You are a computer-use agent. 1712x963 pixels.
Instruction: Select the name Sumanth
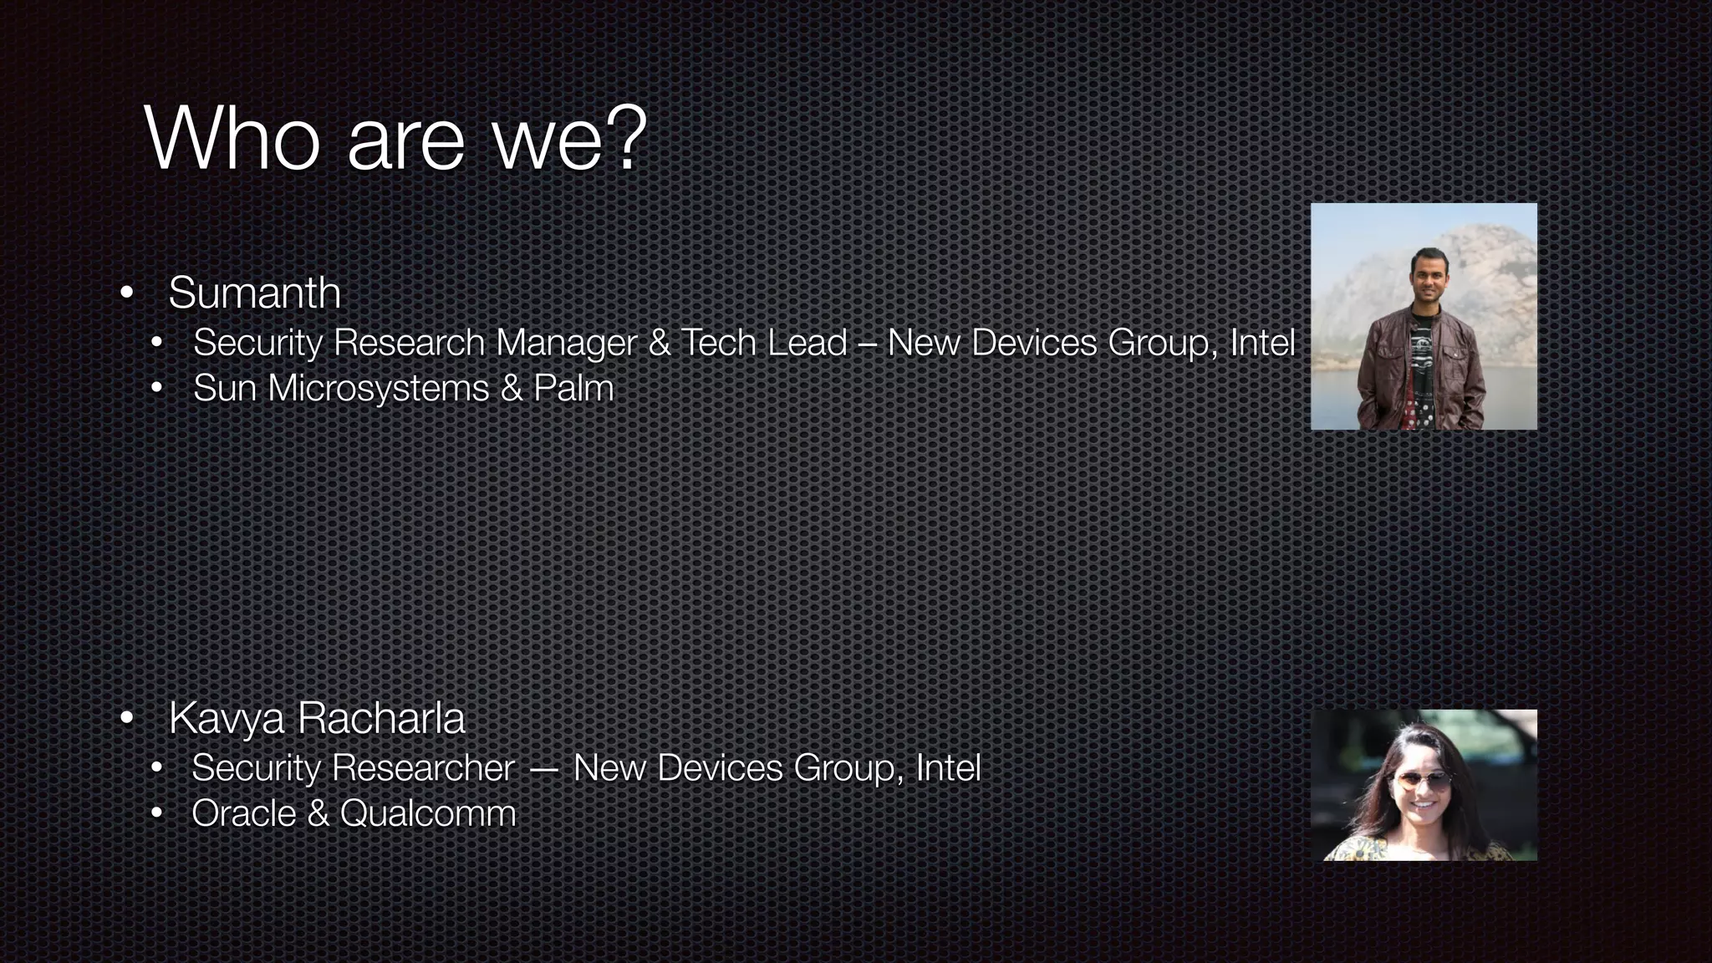pyautogui.click(x=254, y=293)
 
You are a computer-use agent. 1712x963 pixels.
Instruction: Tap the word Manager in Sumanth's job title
pyautogui.click(x=566, y=344)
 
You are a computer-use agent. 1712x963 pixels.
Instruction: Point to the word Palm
pyautogui.click(x=573, y=388)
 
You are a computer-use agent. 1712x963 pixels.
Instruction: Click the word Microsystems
pyautogui.click(x=378, y=389)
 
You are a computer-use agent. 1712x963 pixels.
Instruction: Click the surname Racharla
pyautogui.click(x=380, y=718)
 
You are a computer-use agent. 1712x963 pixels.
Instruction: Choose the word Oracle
pyautogui.click(x=243, y=813)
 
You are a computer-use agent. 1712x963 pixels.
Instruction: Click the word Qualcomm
pyautogui.click(x=428, y=813)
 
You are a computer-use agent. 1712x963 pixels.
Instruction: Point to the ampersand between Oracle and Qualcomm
pyautogui.click(x=318, y=813)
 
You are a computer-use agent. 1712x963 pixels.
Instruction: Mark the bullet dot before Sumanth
pyautogui.click(x=126, y=293)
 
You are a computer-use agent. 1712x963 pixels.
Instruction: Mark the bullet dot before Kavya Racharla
pyautogui.click(x=126, y=718)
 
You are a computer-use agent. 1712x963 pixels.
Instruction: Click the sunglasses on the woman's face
pyautogui.click(x=1420, y=782)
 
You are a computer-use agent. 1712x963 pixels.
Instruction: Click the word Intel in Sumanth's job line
pyautogui.click(x=1262, y=343)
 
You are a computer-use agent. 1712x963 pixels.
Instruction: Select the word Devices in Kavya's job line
pyautogui.click(x=720, y=768)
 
